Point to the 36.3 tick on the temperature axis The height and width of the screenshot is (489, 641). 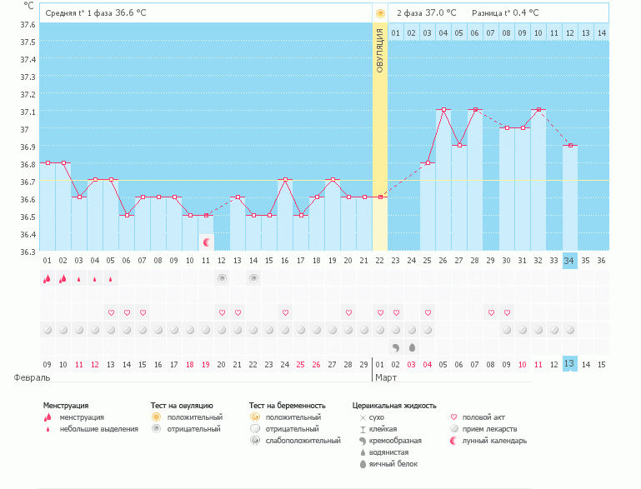(28, 252)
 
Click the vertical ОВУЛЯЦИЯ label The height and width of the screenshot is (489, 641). (380, 50)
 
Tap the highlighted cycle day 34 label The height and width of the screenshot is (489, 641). (570, 261)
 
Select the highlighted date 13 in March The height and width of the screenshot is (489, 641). (570, 364)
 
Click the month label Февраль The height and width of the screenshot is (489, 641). (26, 377)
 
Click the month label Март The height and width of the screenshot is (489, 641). (386, 377)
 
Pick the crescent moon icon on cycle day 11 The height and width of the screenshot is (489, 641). (207, 242)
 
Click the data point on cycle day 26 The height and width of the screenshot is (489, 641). (444, 110)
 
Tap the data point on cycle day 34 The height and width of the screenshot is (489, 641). (570, 145)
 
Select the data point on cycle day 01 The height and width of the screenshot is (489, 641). (48, 162)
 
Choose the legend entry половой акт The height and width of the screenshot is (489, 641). (483, 417)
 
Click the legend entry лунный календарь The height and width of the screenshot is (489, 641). (494, 441)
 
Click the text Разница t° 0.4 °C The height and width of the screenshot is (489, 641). (505, 13)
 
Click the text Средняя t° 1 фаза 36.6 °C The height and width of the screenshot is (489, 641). (100, 13)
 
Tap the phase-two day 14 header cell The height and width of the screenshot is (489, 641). (602, 32)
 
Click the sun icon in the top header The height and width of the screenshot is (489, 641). (380, 13)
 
